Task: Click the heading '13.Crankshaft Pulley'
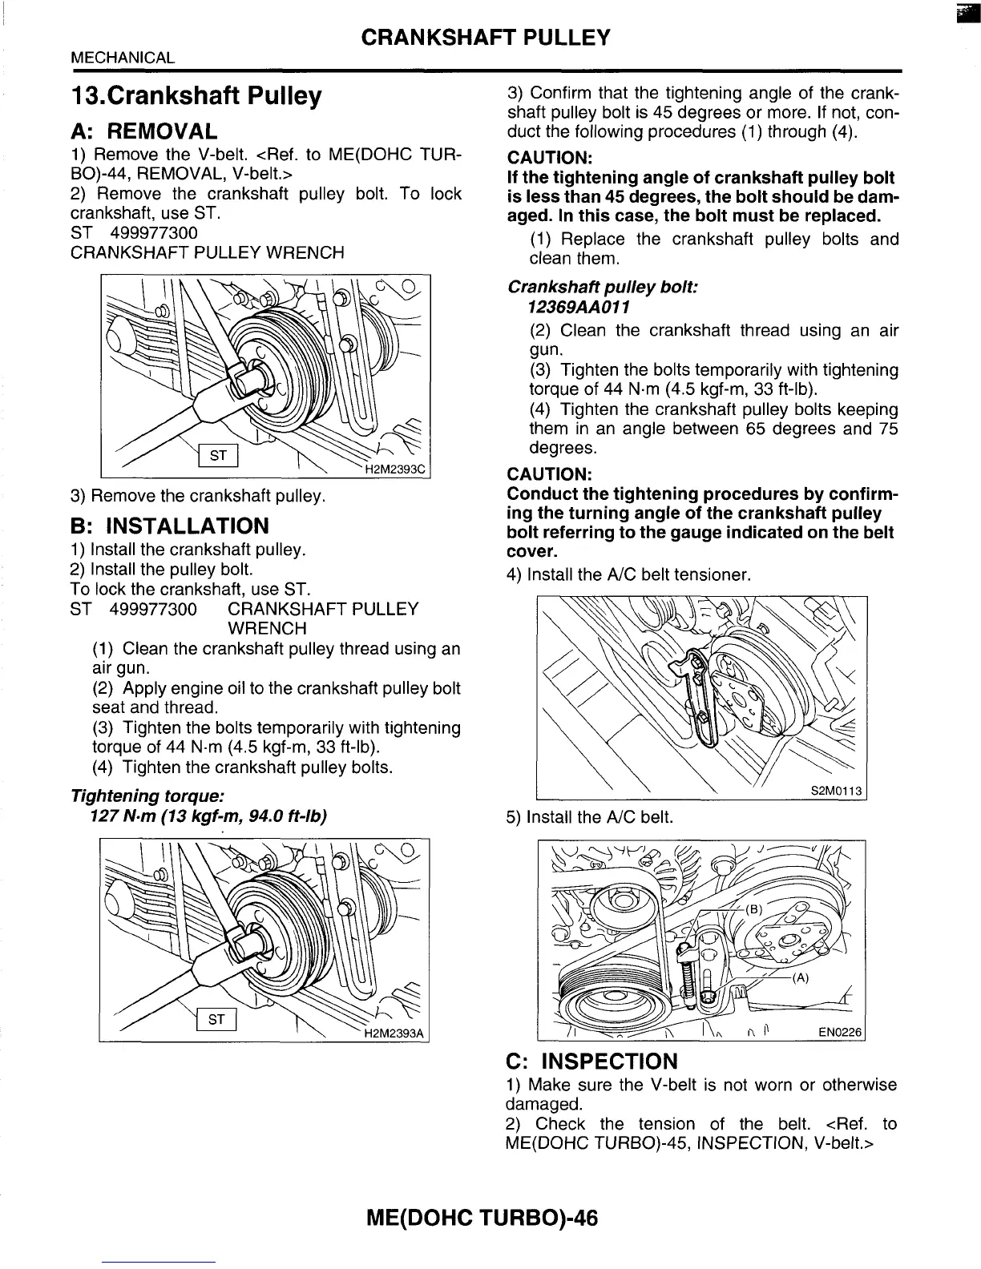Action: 196,97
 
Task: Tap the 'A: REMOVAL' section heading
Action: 144,131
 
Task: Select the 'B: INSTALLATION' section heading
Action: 170,526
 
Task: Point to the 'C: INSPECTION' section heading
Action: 591,1062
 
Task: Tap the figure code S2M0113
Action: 836,791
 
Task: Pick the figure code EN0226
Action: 839,1033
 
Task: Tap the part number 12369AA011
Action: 579,307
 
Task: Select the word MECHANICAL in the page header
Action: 123,58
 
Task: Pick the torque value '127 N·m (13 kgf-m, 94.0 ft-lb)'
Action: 209,816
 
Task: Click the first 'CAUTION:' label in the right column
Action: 549,157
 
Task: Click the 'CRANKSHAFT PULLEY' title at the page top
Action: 486,37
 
